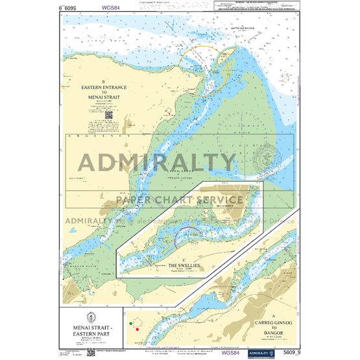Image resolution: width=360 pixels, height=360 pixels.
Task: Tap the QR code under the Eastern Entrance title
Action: (108, 115)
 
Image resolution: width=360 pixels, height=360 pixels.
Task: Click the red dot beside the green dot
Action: (138, 329)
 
